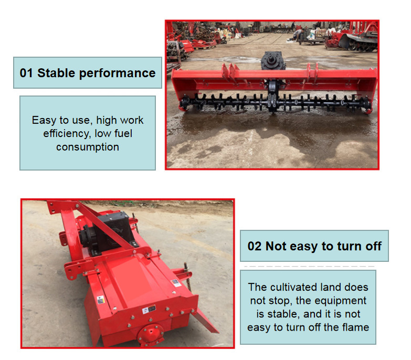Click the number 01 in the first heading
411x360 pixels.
tap(26, 73)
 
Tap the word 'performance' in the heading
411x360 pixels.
tap(117, 73)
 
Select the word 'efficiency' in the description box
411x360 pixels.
tap(67, 134)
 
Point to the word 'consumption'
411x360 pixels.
tap(88, 147)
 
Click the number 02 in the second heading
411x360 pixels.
tap(255, 246)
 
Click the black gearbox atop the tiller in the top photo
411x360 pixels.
tap(273, 60)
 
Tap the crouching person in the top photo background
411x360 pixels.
tap(299, 34)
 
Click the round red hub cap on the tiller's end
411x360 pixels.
tap(151, 333)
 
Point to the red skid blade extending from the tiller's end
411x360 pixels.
tap(205, 321)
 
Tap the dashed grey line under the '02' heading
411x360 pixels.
tap(309, 266)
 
